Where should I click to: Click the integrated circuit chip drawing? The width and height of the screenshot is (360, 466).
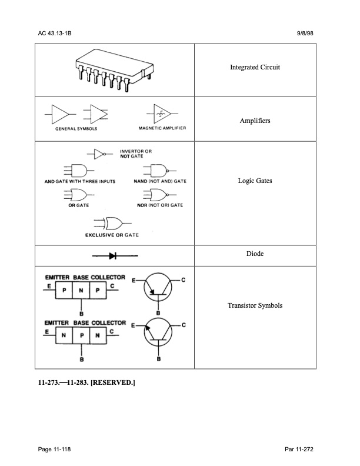tap(115, 70)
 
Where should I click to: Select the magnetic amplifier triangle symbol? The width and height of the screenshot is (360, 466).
tap(162, 114)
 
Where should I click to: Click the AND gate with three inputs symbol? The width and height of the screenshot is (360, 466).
tap(79, 171)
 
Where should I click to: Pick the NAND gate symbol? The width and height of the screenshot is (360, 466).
tap(160, 171)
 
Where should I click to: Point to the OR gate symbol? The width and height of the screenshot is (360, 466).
tap(79, 195)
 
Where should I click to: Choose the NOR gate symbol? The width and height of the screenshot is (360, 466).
tap(160, 195)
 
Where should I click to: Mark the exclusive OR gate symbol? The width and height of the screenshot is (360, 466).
tap(112, 223)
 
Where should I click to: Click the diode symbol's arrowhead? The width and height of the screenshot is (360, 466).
tap(112, 255)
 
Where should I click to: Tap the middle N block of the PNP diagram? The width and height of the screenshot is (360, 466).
tap(81, 290)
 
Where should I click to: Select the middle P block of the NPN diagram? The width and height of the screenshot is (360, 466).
tap(81, 335)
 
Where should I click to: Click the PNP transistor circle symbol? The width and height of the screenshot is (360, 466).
tap(158, 287)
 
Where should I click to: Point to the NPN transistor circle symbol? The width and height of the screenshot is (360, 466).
tap(158, 332)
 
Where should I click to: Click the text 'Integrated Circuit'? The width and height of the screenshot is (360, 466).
tap(255, 67)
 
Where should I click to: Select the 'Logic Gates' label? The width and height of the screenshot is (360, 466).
tap(255, 181)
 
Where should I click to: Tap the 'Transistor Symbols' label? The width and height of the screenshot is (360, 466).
tap(255, 305)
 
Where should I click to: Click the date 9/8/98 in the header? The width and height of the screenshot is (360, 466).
tap(305, 34)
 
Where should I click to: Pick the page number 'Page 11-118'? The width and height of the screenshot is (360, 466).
tap(54, 449)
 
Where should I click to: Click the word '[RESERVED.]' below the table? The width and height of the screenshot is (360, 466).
tap(113, 382)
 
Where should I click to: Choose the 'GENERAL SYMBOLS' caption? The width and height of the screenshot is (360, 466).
tap(76, 129)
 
